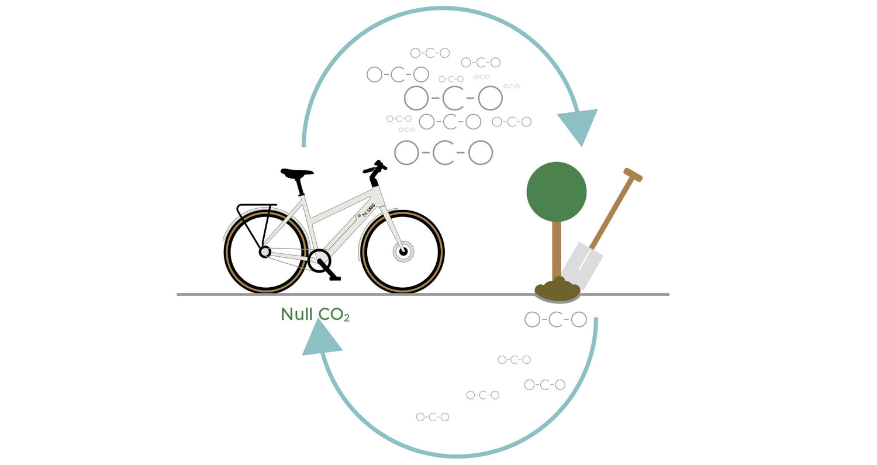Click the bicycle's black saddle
(x=296, y=173)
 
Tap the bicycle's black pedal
(x=334, y=278)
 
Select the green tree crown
(x=556, y=192)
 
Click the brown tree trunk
(x=556, y=249)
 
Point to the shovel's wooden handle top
(x=633, y=174)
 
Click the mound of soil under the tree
(x=557, y=291)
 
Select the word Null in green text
(x=296, y=315)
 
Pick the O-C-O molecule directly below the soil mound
(x=555, y=319)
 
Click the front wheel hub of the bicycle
(x=402, y=252)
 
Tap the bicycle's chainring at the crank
(x=319, y=261)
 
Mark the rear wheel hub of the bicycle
(x=265, y=252)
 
